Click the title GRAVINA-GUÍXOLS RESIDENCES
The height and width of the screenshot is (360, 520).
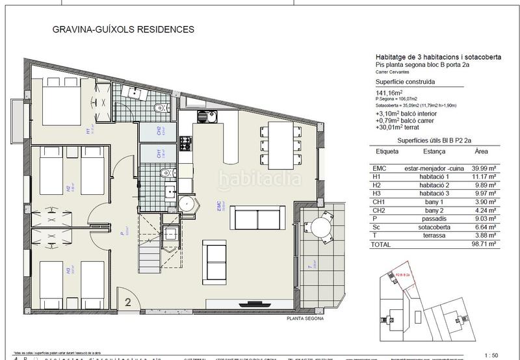122,29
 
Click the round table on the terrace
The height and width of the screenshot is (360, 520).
322,228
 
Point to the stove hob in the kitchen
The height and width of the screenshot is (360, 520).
185,142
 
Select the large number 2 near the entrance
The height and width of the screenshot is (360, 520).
128,301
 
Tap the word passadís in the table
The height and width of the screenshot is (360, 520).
433,219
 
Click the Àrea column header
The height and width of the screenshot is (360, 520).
480,151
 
